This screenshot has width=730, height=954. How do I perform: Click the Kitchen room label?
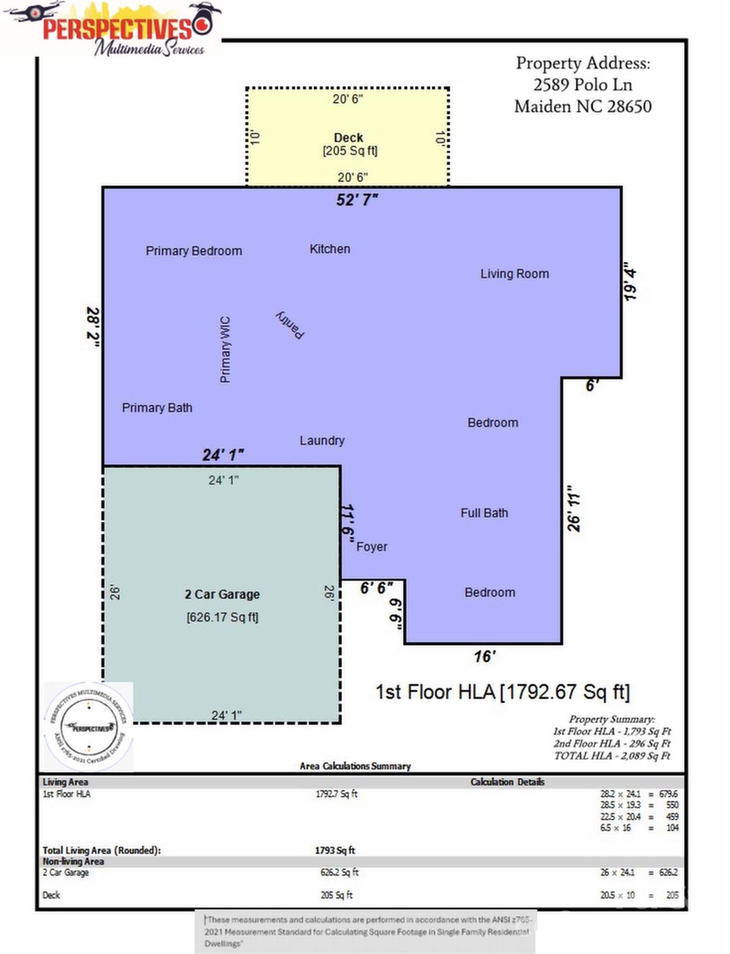pos(330,249)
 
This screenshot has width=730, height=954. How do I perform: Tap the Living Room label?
pos(514,274)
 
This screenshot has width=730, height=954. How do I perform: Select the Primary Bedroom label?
pos(194,251)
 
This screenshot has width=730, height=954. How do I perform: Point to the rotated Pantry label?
pos(290,325)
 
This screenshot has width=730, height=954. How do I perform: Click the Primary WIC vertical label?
pos(225,349)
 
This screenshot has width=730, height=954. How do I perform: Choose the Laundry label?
pos(322,440)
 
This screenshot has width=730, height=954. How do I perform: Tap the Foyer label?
pos(372,547)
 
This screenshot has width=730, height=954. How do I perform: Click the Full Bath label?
pos(484,513)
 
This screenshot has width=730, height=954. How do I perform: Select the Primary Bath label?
pos(157,408)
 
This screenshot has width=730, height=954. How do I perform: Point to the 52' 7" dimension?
pos(357,199)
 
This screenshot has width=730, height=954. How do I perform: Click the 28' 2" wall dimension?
pos(93,327)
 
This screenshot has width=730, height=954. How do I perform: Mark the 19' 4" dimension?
pos(630,281)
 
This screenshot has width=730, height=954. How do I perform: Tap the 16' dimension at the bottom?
pos(485,656)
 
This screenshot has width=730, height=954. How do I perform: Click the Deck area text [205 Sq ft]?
pos(350,151)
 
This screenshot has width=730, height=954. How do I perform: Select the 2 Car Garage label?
pos(222,594)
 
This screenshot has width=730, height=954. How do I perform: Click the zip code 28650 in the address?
pos(629,107)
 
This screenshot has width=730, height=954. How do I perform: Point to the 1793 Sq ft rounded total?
pos(335,850)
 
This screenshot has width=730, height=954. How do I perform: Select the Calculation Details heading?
pos(507,782)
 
